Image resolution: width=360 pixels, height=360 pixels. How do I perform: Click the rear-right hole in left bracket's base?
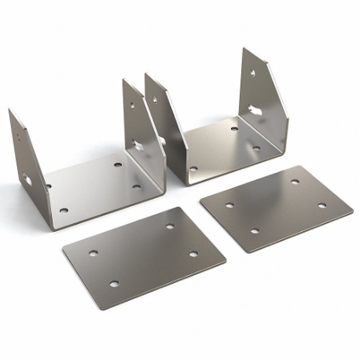click(x=117, y=167)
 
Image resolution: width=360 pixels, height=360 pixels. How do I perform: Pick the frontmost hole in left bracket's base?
click(x=64, y=211)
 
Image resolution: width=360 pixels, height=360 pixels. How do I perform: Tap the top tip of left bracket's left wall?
click(x=11, y=111)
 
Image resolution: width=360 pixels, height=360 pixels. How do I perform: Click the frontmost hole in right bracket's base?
click(x=193, y=168)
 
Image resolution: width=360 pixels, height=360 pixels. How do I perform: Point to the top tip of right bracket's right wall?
click(x=243, y=50)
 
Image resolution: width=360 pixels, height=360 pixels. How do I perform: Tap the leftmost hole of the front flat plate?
click(x=93, y=253)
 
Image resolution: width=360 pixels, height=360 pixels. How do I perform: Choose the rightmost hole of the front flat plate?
click(x=194, y=254)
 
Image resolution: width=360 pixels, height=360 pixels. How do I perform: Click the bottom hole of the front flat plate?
click(x=114, y=283)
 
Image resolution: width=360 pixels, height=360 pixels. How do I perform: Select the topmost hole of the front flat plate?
click(x=170, y=226)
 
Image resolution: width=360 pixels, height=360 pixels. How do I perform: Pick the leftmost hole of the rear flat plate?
click(x=230, y=205)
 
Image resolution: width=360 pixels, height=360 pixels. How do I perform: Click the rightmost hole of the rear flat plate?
click(x=322, y=205)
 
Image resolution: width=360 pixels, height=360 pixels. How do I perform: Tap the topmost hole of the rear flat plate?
click(x=296, y=182)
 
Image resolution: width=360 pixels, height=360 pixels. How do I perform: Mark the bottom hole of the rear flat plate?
click(x=254, y=231)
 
